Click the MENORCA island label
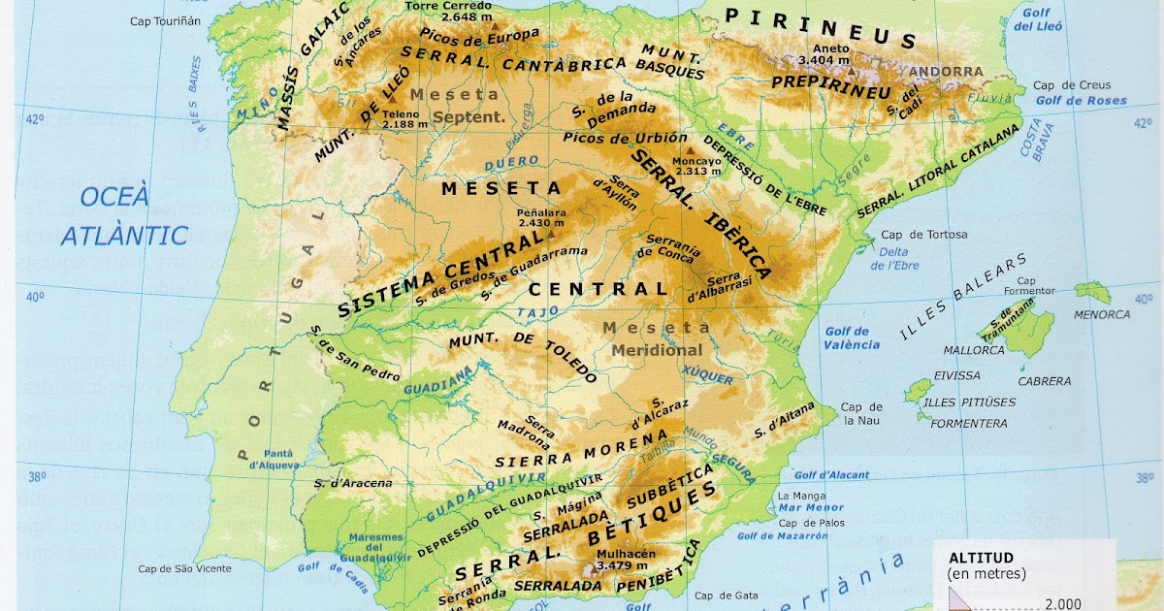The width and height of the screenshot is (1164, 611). pos(1102,314)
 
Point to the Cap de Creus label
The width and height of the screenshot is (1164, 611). pos(1072,85)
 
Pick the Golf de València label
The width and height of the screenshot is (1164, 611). pos(852,338)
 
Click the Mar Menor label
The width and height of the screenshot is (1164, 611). pos(804,507)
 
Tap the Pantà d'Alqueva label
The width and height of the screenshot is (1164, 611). pos(265,458)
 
